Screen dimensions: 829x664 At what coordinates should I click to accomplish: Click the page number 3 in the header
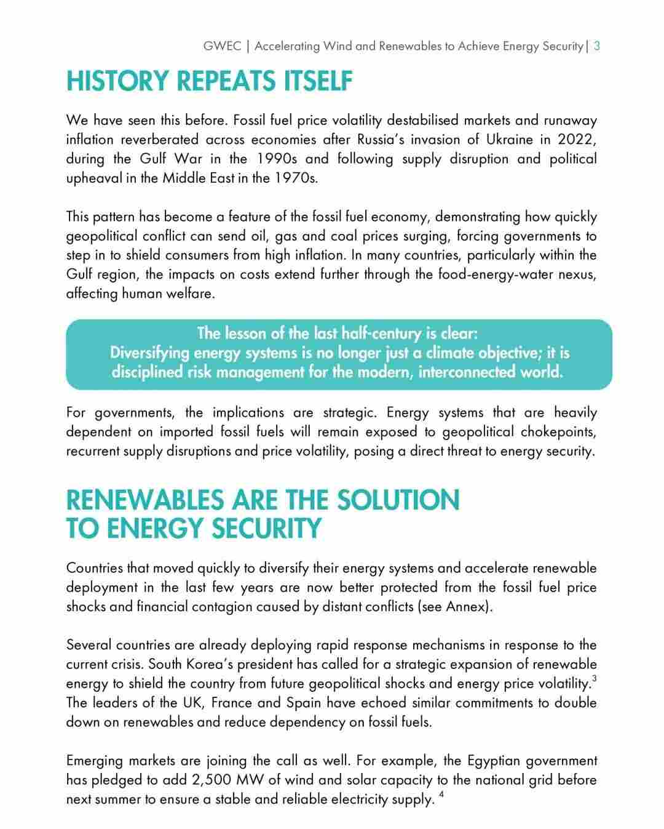[596, 46]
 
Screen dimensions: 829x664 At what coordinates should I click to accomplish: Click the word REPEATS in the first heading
[227, 82]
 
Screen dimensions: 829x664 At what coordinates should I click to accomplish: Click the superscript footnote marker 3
[594, 678]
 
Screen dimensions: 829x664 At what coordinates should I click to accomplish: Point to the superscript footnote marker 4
[442, 795]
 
